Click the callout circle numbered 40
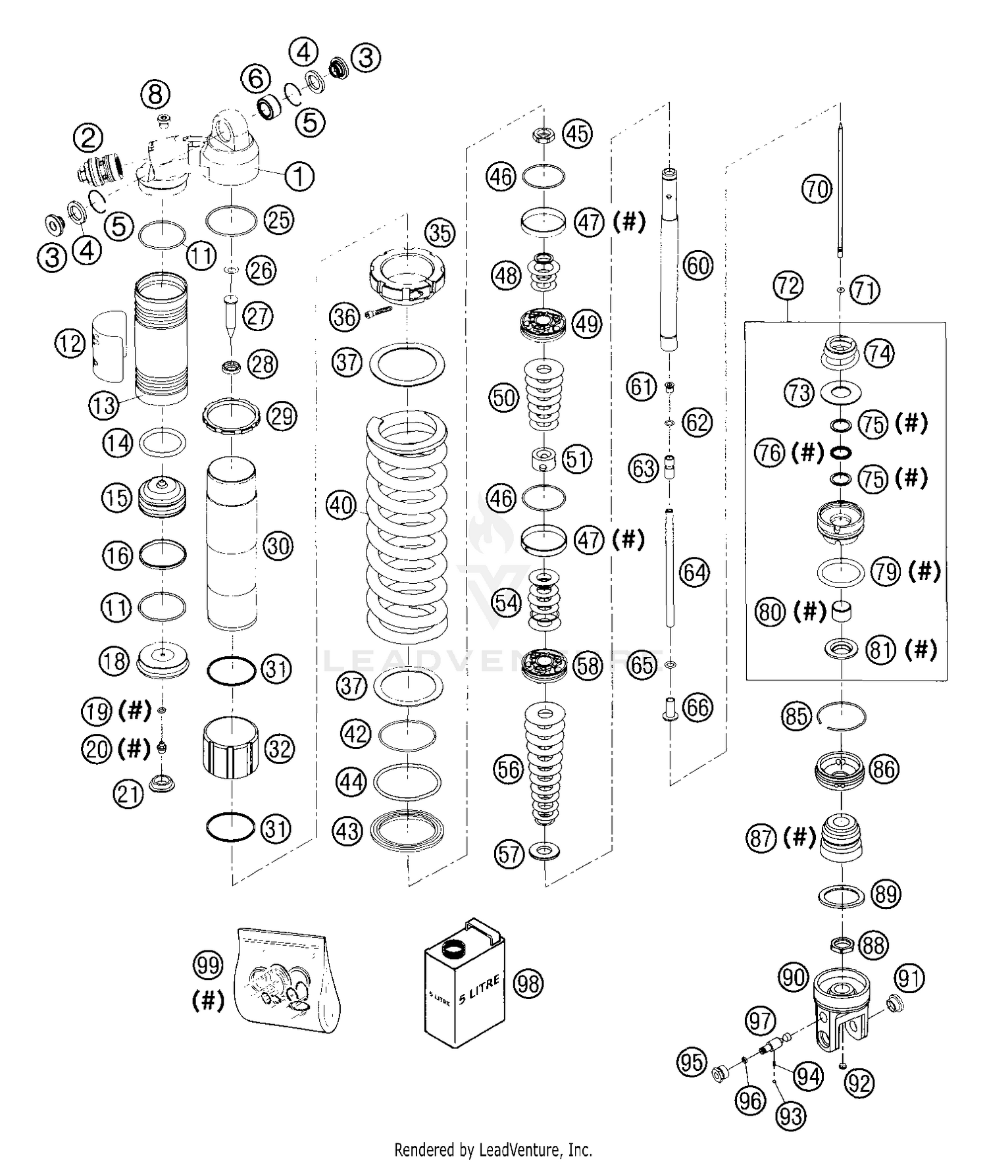pos(342,505)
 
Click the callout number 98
pos(528,983)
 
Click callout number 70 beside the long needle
pos(817,190)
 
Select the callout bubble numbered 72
pos(788,286)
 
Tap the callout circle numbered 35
pos(440,232)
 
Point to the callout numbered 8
pos(155,94)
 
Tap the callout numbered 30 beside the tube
pos(278,546)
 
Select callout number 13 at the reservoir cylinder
pos(103,405)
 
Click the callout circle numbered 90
pos(793,977)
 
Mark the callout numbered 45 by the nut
pos(577,134)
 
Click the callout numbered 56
pos(508,769)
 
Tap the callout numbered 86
pos(884,769)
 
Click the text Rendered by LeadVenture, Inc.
pos(493,1150)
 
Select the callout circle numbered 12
pos(70,343)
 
